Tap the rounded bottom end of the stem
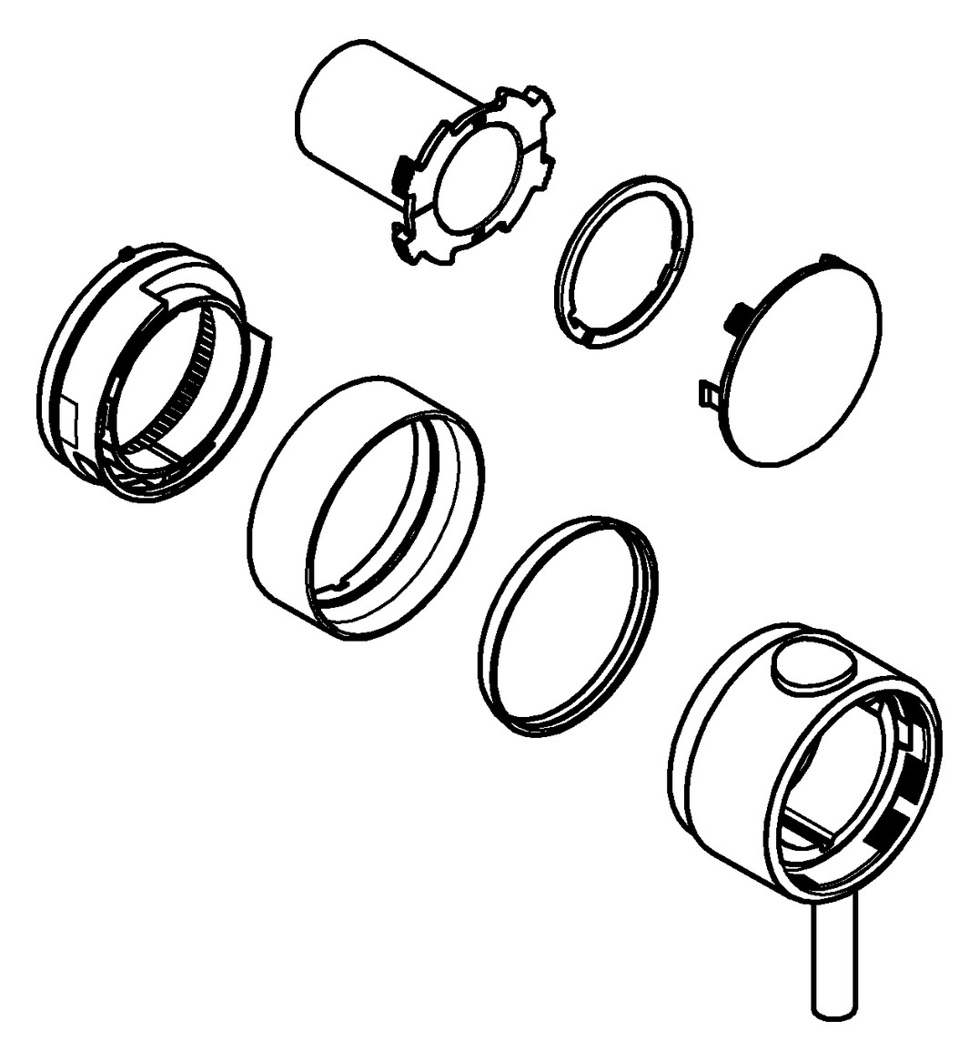(833, 1007)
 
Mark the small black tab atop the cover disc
(829, 259)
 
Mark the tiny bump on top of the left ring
(126, 249)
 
